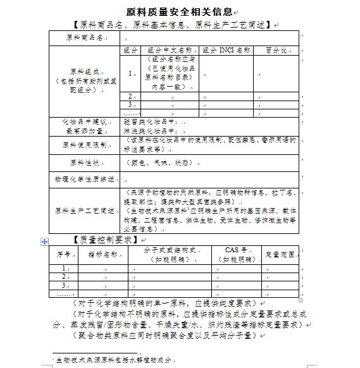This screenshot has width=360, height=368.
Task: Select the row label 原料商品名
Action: point(84,37)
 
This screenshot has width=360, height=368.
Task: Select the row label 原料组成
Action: point(85,81)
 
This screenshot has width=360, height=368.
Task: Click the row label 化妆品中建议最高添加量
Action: point(85,126)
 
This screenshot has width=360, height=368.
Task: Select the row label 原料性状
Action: point(84,163)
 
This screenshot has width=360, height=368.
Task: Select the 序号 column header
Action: point(62,254)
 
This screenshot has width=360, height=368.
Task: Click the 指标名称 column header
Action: point(102,254)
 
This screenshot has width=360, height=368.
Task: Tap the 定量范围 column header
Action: point(280,254)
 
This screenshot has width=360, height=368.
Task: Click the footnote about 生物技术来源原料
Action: point(114,359)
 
